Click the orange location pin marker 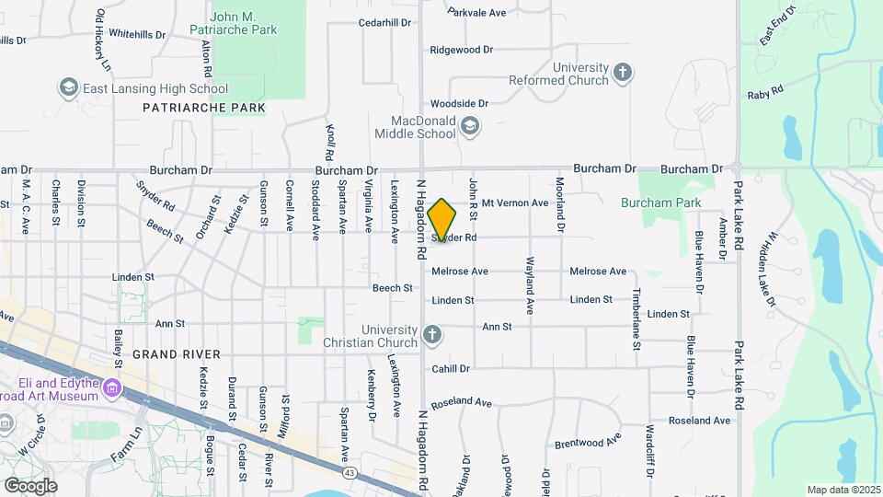[442, 220]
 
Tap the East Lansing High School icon [68, 88]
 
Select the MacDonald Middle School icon [470, 127]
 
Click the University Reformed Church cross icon [623, 73]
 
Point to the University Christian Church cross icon [432, 336]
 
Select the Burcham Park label [660, 202]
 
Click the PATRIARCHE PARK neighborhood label [204, 108]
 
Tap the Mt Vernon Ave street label [515, 202]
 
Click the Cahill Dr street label [451, 368]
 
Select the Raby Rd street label [764, 93]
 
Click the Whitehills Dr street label [136, 34]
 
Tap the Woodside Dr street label [458, 104]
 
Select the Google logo [30, 485]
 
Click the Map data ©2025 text [842, 490]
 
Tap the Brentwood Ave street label [588, 440]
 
